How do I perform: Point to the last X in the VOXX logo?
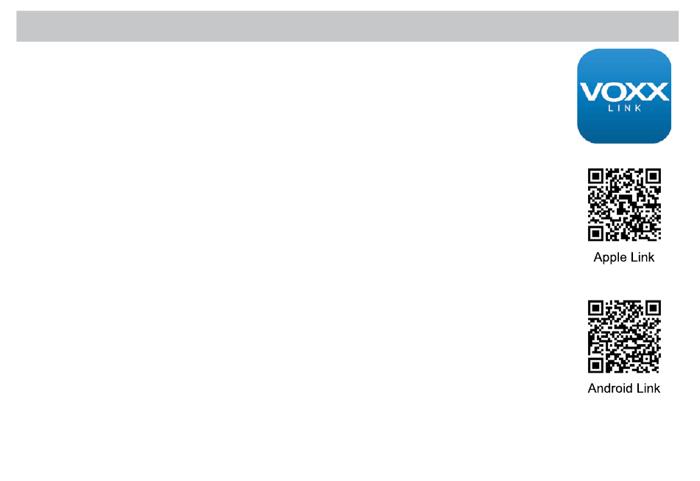(657, 92)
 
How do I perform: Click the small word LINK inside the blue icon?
(624, 108)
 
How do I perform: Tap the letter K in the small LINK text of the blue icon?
(639, 108)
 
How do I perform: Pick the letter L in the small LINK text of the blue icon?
(609, 108)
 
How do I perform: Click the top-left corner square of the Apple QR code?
(596, 177)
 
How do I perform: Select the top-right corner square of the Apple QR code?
(652, 177)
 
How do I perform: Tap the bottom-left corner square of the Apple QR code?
(596, 233)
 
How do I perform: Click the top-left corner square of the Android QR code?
(596, 309)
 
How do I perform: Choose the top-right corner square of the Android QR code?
(652, 309)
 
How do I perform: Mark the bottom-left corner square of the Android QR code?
(596, 365)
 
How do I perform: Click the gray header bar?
(347, 26)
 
